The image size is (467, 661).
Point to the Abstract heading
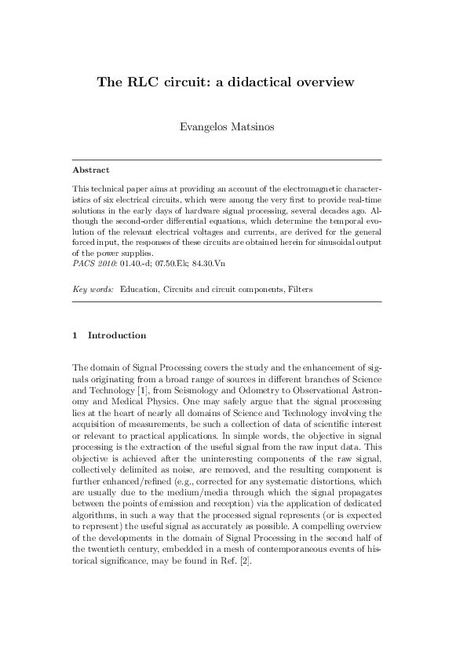point(90,170)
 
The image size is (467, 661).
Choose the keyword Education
point(141,290)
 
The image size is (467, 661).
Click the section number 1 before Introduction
point(75,335)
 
